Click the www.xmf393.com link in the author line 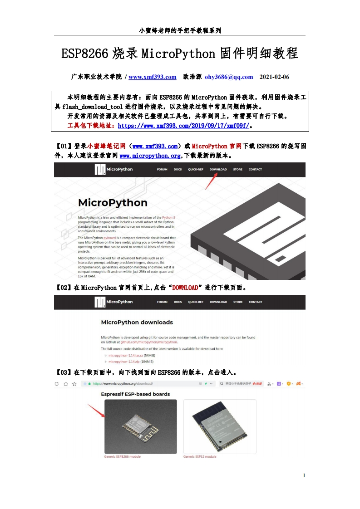pos(153,77)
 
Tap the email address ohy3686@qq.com pos(229,77)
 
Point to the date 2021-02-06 pos(274,77)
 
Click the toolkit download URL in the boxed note pos(183,125)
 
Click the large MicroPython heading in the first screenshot pos(113,202)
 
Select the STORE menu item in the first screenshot pos(237,170)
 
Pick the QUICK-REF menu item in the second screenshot pos(196,302)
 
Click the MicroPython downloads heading pos(137,323)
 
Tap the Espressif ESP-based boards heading pos(135,394)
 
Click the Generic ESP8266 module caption pos(122,457)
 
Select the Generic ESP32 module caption pos(200,457)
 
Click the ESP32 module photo pos(220,426)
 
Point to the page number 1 pos(304,475)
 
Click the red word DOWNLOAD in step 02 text pos(185,288)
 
